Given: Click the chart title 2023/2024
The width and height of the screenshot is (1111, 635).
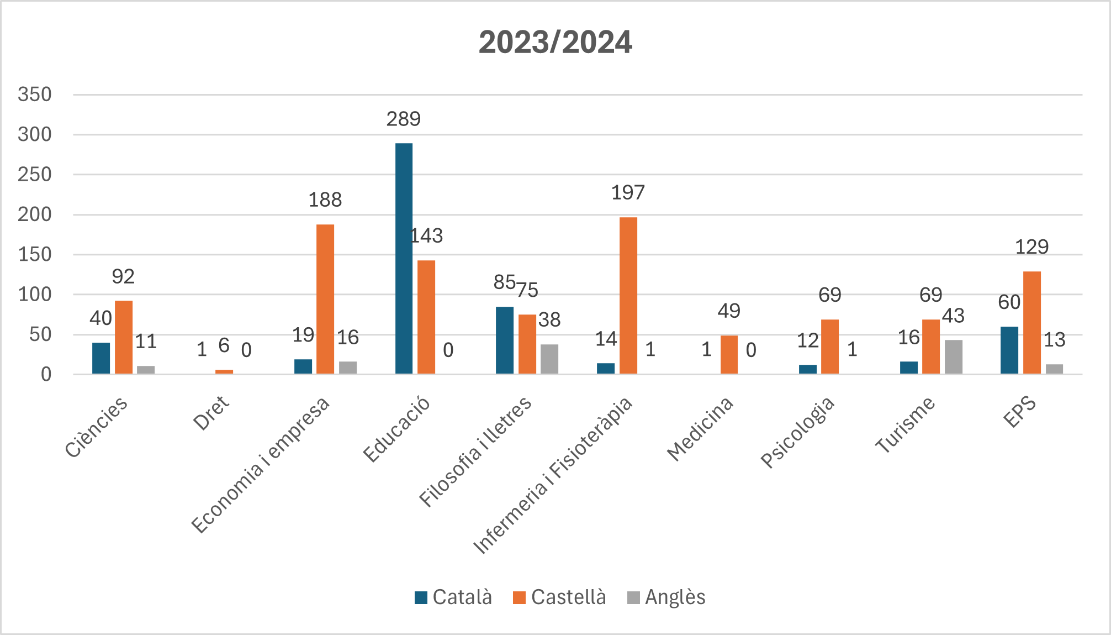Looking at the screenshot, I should [555, 43].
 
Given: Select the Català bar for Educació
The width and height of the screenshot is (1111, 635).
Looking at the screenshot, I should [404, 258].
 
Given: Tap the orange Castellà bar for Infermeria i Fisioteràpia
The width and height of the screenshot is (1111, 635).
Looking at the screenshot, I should [628, 296].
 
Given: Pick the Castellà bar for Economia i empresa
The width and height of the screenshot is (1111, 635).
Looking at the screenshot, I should [325, 299].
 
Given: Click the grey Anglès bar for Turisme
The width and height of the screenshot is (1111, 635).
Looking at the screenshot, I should [953, 357].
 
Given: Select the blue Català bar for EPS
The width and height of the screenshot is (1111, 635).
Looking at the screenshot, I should [1009, 350].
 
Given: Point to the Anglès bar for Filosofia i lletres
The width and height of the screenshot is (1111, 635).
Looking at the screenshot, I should [549, 359].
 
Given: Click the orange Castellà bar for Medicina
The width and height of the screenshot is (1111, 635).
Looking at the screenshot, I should [729, 355].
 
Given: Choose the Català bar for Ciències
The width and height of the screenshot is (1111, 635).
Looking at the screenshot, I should [101, 358].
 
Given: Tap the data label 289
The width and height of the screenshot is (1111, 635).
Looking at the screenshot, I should [404, 119].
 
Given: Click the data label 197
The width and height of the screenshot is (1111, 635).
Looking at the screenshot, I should [628, 193].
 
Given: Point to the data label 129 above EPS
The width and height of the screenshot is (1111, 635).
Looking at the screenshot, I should [1031, 247].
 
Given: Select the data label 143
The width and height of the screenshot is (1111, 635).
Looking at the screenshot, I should [427, 236].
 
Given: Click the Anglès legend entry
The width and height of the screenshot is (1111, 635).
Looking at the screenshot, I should [666, 597].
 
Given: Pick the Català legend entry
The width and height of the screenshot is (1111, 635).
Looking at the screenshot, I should [453, 597].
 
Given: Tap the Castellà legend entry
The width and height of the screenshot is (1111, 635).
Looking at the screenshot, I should [559, 597].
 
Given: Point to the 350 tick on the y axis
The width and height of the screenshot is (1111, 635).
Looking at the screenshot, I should [35, 95].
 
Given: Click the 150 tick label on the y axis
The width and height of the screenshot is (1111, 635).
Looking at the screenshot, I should [35, 255].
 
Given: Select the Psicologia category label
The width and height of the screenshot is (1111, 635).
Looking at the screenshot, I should [797, 432].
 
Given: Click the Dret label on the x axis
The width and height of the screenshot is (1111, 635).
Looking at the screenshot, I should [211, 413].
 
